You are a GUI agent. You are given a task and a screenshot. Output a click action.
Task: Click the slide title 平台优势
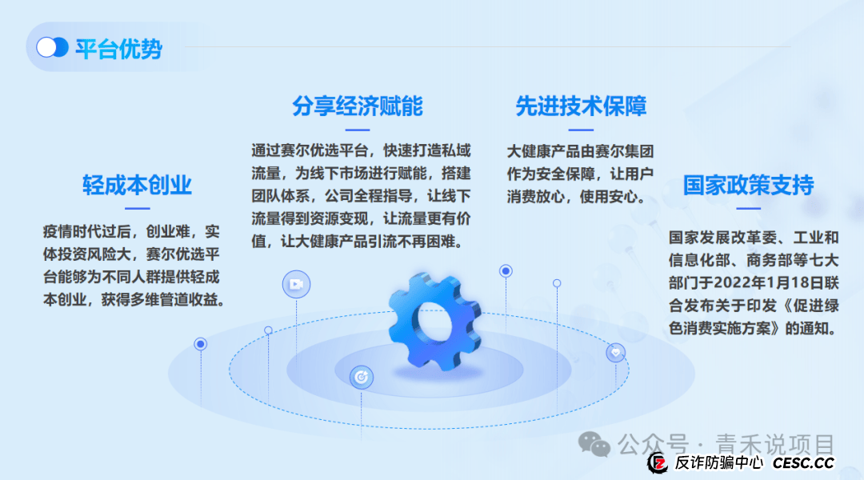[x=119, y=49]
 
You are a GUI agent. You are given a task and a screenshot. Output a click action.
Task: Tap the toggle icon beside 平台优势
[x=52, y=48]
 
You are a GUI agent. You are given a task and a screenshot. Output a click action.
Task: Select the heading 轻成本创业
[x=138, y=186]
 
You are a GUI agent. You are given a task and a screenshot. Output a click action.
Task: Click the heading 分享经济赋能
[x=358, y=106]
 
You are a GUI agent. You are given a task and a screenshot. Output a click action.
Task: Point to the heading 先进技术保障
[x=582, y=106]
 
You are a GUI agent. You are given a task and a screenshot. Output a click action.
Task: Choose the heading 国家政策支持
[x=748, y=186]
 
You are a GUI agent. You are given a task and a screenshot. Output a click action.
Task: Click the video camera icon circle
[x=296, y=284]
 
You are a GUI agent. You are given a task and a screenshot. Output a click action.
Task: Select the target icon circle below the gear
[x=362, y=376]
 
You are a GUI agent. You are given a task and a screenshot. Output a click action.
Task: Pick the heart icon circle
[x=615, y=352]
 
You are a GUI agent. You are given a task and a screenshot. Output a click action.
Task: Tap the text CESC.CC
[x=803, y=463]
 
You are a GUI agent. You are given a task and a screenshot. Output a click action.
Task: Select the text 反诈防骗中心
[x=718, y=463]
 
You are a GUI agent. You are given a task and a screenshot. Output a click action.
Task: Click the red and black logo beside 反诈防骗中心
[x=658, y=462]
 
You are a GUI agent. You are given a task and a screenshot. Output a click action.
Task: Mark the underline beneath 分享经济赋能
[x=358, y=129]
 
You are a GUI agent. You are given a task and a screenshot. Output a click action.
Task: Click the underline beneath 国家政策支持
[x=748, y=209]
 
